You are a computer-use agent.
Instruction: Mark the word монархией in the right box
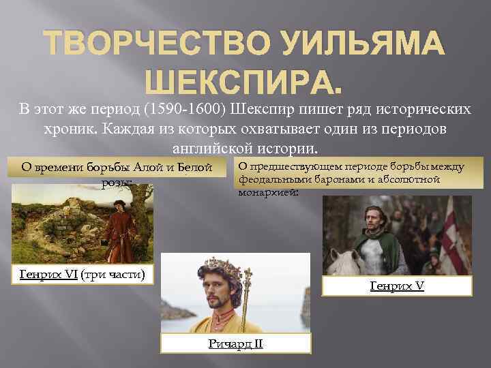click(x=266, y=192)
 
